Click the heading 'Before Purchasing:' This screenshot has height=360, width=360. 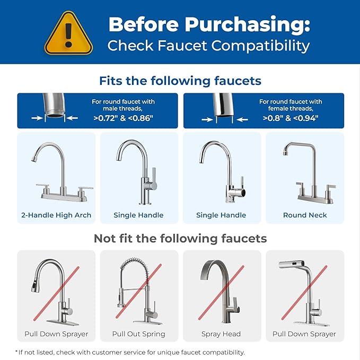209,24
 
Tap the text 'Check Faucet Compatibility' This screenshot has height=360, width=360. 208,46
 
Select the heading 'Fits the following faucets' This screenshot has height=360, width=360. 180,81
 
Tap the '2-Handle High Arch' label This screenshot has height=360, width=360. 56,215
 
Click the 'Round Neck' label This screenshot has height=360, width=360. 305,215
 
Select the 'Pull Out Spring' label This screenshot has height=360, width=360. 139,334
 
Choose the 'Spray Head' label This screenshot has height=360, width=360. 221,334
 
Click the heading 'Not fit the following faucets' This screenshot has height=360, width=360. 180,239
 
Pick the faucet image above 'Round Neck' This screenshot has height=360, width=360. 305,171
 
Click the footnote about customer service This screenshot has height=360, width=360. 130,352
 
